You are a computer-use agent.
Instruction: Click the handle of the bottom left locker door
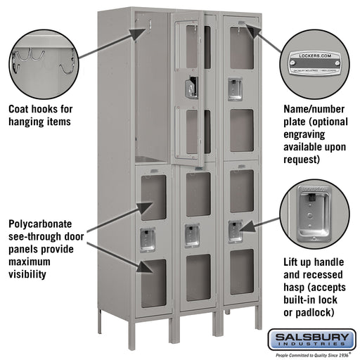coord(147,238)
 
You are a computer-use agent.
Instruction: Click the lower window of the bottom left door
coord(153,283)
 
